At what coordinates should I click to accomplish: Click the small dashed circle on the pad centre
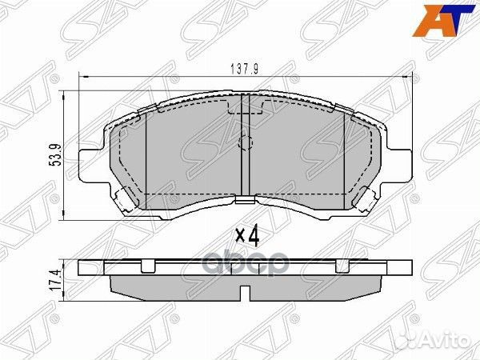(246, 145)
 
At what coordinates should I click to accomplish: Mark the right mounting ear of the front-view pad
(400, 163)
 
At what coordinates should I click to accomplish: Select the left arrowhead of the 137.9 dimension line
(82, 77)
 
